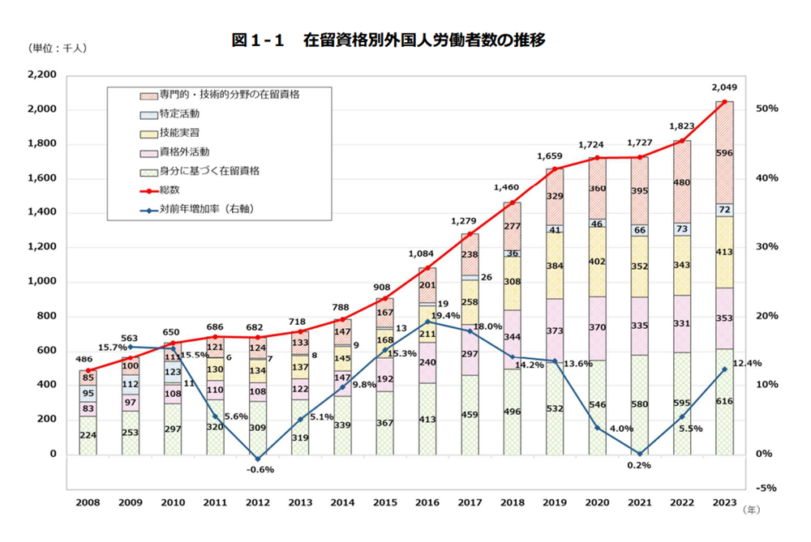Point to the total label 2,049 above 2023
724,87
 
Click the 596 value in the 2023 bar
724,153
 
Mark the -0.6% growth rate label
260,470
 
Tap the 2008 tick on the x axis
88,502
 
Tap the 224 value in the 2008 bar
88,435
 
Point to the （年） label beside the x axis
753,511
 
